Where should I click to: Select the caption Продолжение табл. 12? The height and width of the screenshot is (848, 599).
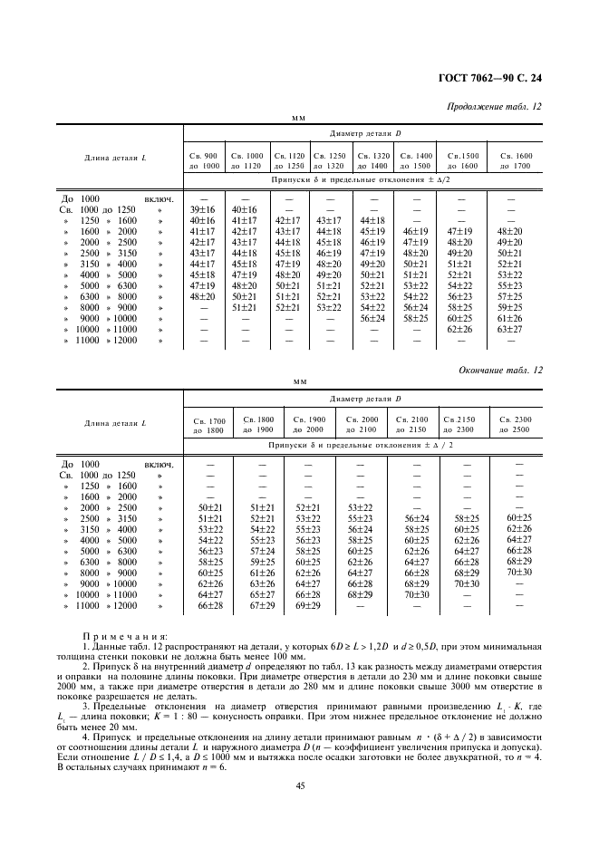(x=495, y=106)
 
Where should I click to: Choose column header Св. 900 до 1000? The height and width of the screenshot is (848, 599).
(x=204, y=160)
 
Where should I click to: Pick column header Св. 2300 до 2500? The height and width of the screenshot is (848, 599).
(x=518, y=424)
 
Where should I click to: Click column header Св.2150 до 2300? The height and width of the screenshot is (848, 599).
(x=466, y=424)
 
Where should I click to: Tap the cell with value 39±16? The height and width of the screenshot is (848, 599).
(x=203, y=209)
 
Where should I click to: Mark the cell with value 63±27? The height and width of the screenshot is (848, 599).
(x=510, y=330)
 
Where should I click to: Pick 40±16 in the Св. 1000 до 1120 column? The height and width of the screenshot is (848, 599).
(x=246, y=209)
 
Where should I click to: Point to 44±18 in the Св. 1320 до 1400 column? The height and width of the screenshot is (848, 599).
(x=372, y=220)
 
